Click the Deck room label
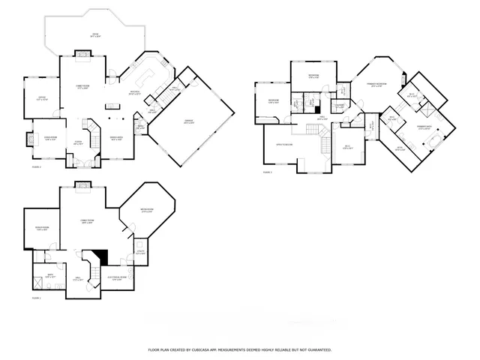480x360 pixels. (96, 34)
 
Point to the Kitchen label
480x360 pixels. (135, 92)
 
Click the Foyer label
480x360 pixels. (78, 142)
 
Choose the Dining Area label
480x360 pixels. (116, 139)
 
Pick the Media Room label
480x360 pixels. (147, 211)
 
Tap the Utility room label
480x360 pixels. (140, 252)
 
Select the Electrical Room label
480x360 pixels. (118, 278)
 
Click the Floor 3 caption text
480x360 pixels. (267, 172)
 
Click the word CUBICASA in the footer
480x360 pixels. (203, 349)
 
